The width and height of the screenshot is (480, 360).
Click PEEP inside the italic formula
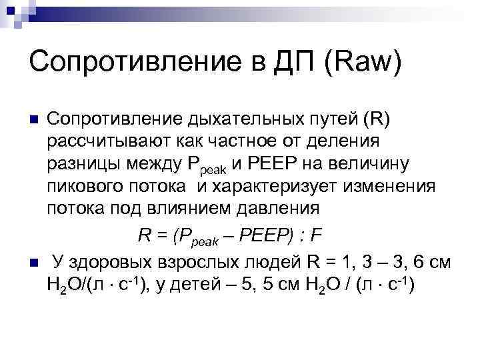coord(259,235)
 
